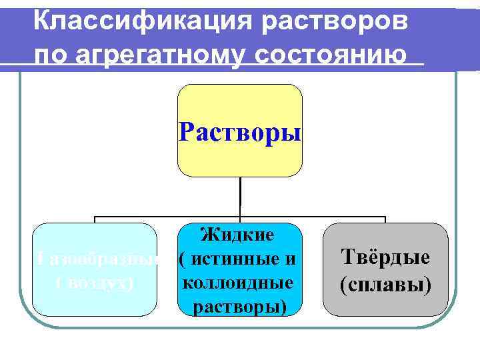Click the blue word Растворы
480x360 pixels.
pos(240,131)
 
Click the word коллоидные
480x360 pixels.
pos(238,282)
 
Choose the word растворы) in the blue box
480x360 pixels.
pos(238,306)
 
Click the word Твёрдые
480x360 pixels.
pos(385,257)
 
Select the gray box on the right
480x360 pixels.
pos(385,307)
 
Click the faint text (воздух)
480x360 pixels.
pos(93,283)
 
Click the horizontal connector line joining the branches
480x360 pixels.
pos(167,217)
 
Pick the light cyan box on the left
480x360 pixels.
pos(94,303)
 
